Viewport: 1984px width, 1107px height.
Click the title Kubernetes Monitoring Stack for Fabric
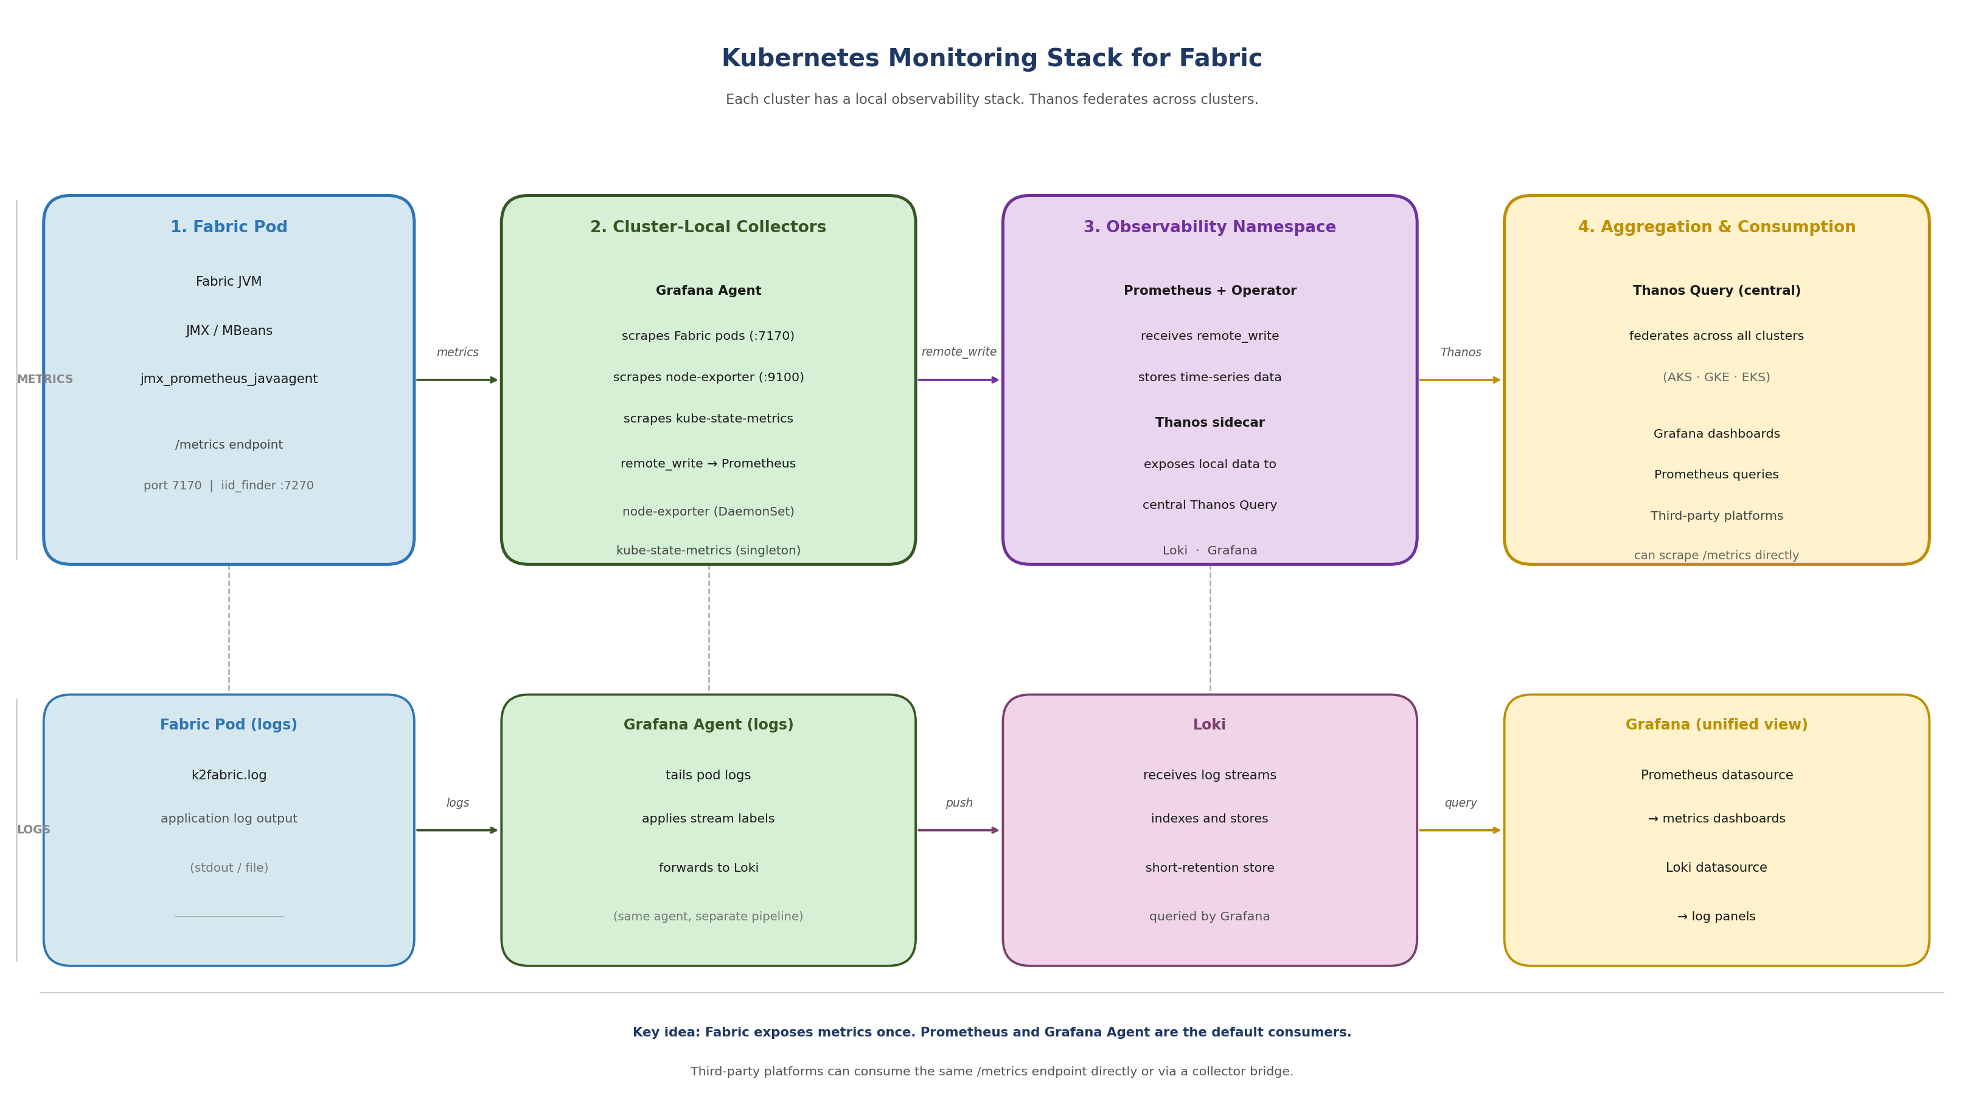(991, 58)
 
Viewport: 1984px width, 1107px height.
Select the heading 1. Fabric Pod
(229, 227)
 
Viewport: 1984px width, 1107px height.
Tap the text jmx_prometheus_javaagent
(229, 379)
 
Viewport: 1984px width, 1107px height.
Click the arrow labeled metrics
(458, 379)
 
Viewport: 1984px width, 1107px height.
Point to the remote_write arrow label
(959, 352)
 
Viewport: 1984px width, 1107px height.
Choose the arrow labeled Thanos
(1460, 379)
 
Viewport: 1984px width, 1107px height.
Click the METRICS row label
(44, 379)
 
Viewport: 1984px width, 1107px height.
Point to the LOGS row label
(33, 830)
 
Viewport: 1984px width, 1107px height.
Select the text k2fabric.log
(229, 775)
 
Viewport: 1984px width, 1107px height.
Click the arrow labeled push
(958, 830)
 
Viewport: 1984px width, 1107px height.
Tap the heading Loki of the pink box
(1209, 725)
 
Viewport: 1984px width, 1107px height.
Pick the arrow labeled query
(1460, 830)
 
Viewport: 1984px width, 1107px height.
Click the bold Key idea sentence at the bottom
(991, 1032)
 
